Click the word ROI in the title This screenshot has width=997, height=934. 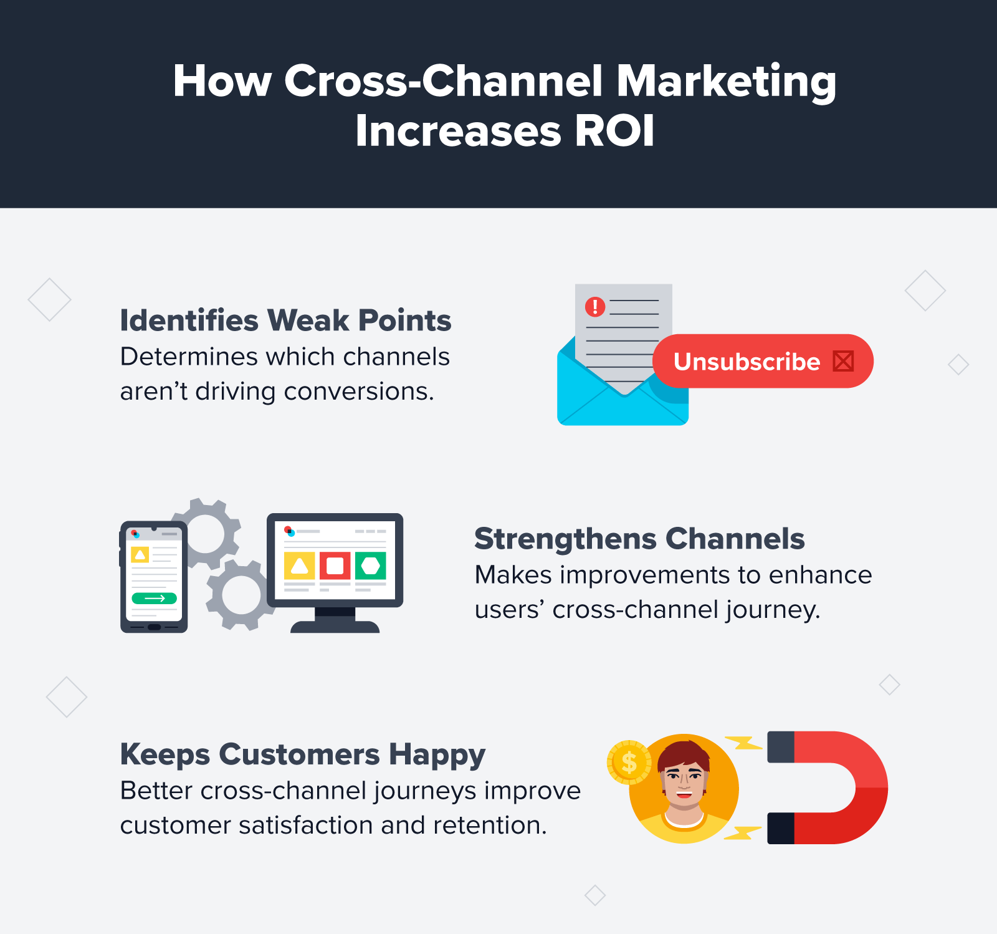(614, 132)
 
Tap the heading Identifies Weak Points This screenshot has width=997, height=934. (285, 320)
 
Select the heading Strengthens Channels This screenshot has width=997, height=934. (639, 539)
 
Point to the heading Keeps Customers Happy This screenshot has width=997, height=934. (302, 754)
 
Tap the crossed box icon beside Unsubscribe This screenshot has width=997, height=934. (843, 362)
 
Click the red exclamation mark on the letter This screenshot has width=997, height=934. (595, 307)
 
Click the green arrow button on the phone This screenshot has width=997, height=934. (154, 599)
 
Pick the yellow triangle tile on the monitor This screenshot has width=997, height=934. (299, 566)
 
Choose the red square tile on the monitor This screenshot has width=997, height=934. (335, 566)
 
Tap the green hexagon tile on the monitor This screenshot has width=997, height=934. (371, 566)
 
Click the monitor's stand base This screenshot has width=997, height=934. (335, 627)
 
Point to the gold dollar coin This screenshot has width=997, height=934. (629, 762)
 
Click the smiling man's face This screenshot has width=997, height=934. (684, 779)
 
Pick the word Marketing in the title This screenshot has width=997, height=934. (726, 82)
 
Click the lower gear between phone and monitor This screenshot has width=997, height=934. (241, 594)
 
